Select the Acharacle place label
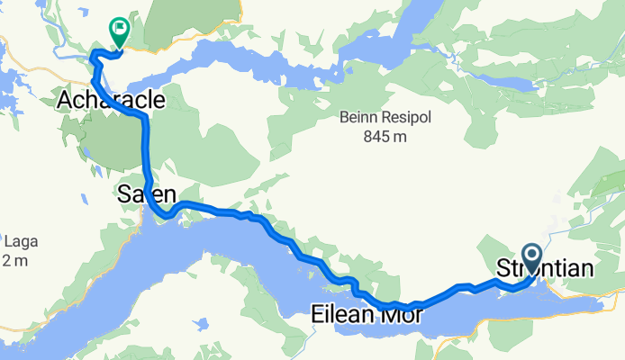coord(102,100)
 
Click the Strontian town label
coord(545,268)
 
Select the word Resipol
coord(403,117)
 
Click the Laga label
coord(17,241)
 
